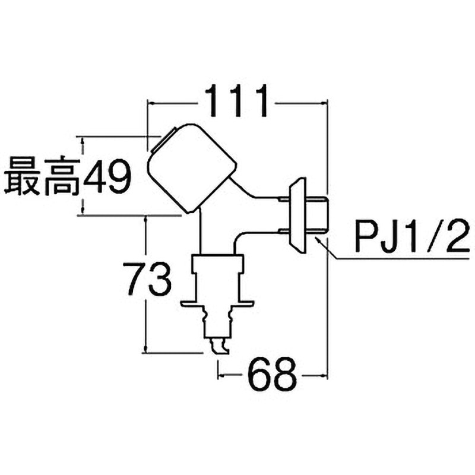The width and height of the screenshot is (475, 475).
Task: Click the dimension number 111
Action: [x=237, y=102]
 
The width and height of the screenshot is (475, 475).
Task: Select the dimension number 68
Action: [x=271, y=375]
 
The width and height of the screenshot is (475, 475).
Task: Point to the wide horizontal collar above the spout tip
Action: [x=217, y=304]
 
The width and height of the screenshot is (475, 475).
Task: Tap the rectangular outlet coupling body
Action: [x=217, y=277]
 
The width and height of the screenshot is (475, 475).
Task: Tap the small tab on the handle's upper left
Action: [x=158, y=142]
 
